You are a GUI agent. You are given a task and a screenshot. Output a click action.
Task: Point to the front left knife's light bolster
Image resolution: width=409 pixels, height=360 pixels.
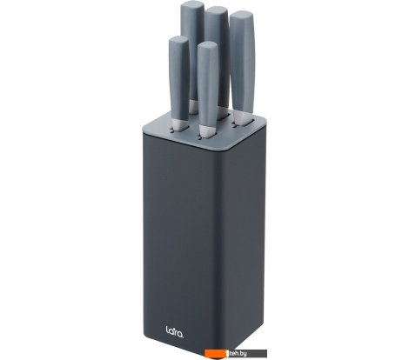click(x=179, y=122)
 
